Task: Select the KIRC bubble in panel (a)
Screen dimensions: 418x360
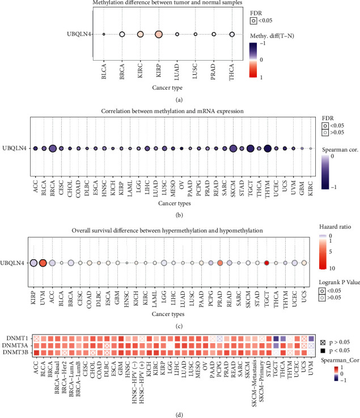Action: tap(140, 35)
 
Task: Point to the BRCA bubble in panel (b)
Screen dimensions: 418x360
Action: tap(52, 149)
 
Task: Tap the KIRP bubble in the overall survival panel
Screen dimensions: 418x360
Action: tap(33, 263)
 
